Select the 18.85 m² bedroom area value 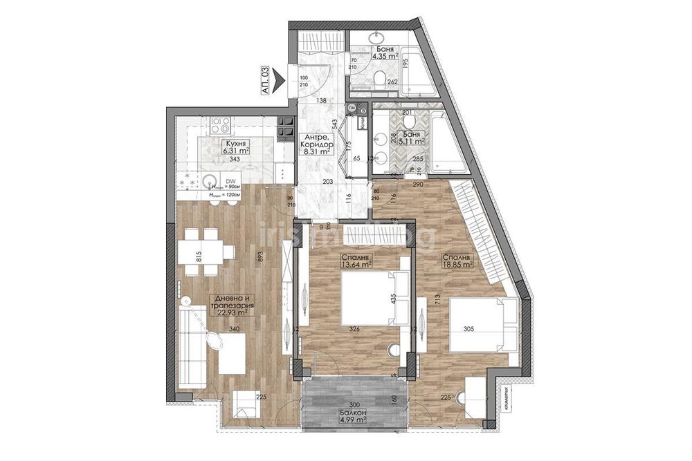coord(458,263)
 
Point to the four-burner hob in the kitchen coord(221,125)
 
